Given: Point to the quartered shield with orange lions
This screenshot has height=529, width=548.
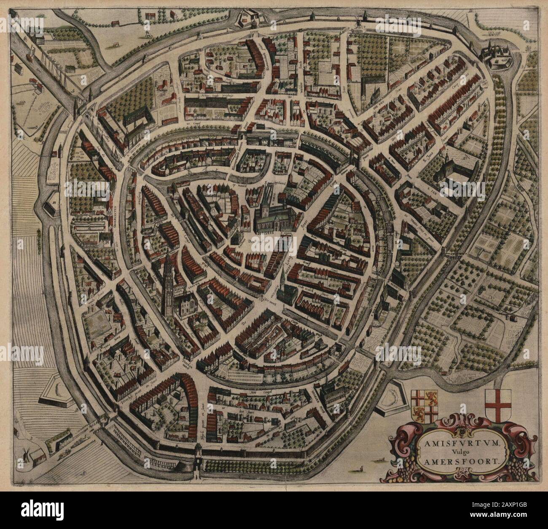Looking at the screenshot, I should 424,406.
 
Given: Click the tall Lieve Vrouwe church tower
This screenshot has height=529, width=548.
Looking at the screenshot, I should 168,278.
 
